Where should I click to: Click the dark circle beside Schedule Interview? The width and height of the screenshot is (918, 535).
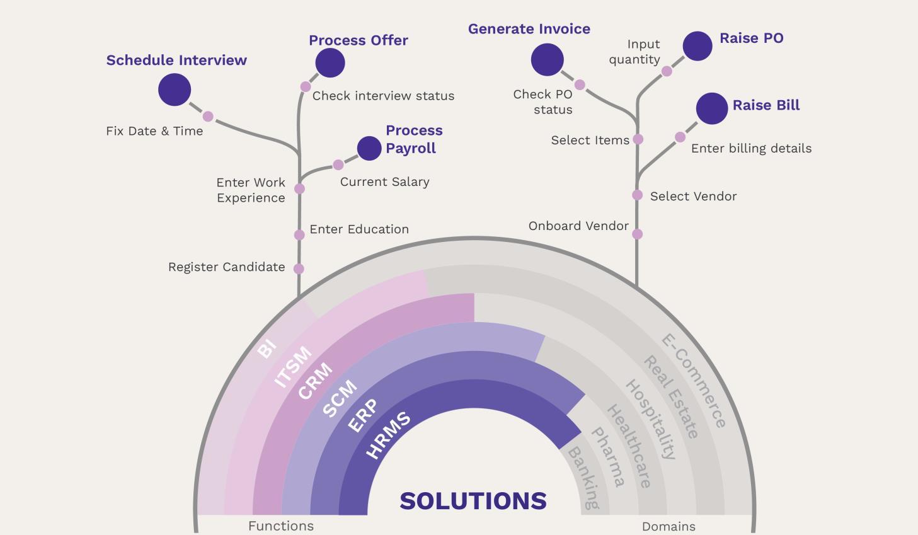[x=175, y=89]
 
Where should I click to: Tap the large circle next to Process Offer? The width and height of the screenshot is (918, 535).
[x=330, y=63]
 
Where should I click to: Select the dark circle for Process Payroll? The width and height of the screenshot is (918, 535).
[x=369, y=148]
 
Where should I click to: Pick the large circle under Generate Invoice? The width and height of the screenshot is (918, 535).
[x=547, y=60]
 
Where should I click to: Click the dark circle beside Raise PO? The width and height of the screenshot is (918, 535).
[x=697, y=46]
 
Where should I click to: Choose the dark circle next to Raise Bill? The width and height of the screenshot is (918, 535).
[x=712, y=108]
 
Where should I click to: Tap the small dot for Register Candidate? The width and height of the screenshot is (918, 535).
[x=299, y=268]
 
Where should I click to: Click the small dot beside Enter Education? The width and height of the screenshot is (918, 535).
[x=299, y=235]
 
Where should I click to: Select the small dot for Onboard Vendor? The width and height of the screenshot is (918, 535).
[x=637, y=234]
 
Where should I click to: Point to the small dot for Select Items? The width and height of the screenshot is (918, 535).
[x=638, y=139]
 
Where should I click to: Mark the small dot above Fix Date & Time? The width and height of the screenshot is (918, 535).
[x=208, y=117]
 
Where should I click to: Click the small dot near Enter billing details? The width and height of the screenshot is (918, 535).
[x=680, y=137]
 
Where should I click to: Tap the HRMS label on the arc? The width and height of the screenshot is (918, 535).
[x=388, y=434]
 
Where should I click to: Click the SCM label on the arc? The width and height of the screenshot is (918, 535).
[x=340, y=398]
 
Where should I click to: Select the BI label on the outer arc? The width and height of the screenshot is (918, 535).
[x=267, y=348]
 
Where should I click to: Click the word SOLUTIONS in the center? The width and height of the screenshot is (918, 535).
[x=473, y=501]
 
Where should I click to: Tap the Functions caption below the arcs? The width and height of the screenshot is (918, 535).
[x=281, y=526]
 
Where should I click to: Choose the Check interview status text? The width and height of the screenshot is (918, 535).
[x=383, y=96]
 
